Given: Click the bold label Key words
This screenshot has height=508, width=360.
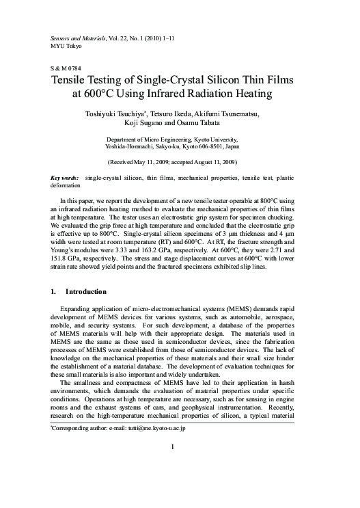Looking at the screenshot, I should pyautogui.click(x=66, y=178).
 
